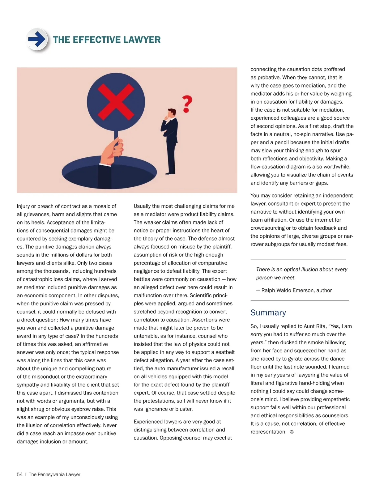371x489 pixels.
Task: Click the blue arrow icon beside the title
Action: click(37, 39)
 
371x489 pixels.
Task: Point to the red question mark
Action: click(187, 104)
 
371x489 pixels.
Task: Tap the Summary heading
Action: click(268, 313)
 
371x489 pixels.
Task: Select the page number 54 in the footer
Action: click(20, 474)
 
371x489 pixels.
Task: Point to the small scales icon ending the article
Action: click(292, 432)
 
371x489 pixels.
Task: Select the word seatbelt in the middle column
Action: click(224, 352)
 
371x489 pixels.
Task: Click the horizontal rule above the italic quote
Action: click(298, 259)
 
